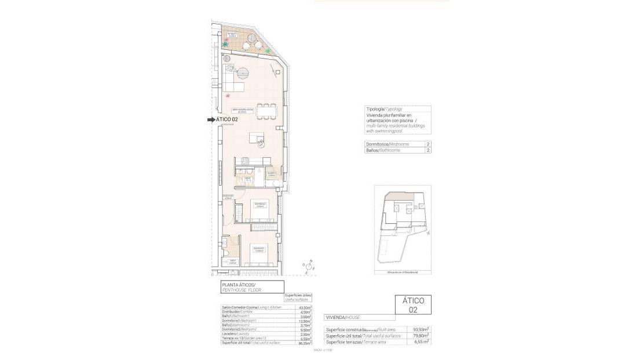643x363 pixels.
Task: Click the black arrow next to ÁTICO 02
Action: pyautogui.click(x=211, y=120)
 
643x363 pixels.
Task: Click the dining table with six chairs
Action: pyautogui.click(x=266, y=111)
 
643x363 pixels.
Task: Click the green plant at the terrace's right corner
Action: pyautogui.click(x=268, y=51)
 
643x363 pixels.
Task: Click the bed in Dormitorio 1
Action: pyautogui.click(x=259, y=209)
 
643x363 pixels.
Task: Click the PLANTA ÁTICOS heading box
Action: pyautogui.click(x=252, y=286)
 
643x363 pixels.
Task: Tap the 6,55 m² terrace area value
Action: pyautogui.click(x=421, y=342)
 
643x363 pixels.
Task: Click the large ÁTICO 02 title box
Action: pyautogui.click(x=413, y=306)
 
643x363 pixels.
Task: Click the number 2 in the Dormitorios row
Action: pyautogui.click(x=428, y=144)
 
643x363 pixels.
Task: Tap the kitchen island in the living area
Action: pyautogui.click(x=257, y=137)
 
